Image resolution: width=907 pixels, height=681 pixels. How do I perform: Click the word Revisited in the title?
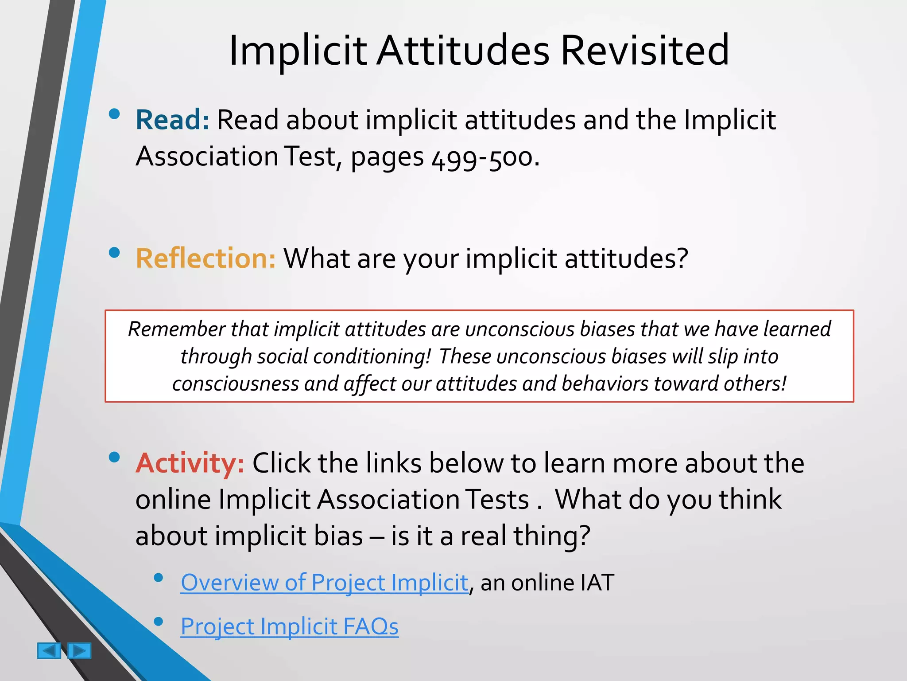(644, 50)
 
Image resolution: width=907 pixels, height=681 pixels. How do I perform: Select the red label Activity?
(190, 463)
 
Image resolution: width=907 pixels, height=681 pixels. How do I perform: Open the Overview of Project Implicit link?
(324, 583)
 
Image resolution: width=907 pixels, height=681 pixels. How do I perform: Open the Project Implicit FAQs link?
(289, 626)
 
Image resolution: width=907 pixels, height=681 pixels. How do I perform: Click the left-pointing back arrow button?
(49, 651)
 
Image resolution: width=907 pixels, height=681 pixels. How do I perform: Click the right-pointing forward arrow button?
(79, 651)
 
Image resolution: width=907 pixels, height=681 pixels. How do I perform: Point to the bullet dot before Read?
(114, 114)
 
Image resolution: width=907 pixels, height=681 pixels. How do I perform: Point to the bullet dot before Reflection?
(114, 252)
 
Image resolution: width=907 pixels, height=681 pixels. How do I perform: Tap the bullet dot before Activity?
(114, 457)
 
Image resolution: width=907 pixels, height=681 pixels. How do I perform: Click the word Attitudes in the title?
(463, 50)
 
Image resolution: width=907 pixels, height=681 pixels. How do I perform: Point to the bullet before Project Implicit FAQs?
(158, 621)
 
